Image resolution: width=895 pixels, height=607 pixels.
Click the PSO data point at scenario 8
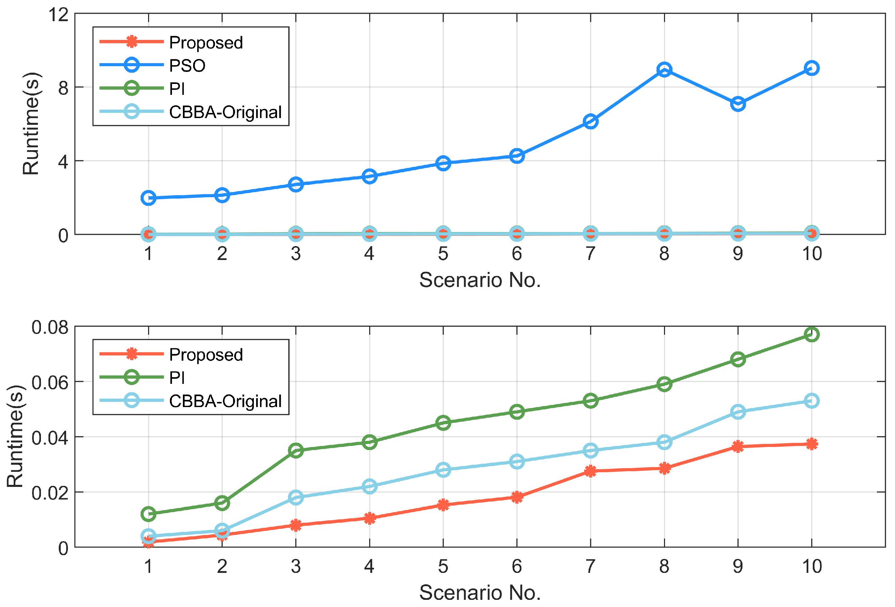click(664, 70)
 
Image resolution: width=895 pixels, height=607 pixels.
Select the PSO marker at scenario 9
click(737, 104)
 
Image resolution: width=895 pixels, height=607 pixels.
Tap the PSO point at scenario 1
click(148, 198)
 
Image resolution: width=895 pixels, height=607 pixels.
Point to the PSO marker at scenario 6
click(517, 156)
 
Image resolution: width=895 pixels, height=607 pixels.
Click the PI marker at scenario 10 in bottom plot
click(811, 334)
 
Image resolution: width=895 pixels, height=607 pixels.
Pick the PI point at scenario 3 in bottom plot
click(295, 450)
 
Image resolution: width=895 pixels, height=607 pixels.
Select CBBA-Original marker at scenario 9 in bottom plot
click(737, 412)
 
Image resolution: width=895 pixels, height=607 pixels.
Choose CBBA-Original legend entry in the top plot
click(225, 112)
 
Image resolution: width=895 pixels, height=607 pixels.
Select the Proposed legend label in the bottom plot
click(206, 355)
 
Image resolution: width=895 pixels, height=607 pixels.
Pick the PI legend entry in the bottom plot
click(177, 377)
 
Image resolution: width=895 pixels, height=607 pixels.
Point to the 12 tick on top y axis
click(58, 15)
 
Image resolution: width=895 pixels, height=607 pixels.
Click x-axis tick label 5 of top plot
click(443, 254)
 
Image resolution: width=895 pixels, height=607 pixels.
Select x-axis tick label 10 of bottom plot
click(811, 566)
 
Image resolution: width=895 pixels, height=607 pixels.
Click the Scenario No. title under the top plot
click(480, 280)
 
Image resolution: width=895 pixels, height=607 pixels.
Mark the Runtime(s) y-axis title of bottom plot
click(15, 436)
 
